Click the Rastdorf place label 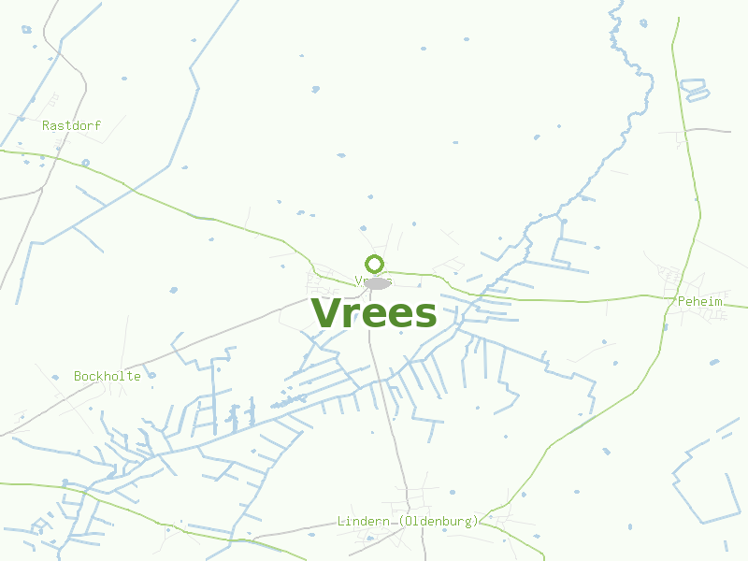[71, 124]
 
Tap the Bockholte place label [108, 376]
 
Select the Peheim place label [699, 302]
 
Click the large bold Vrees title [373, 313]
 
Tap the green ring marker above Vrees [374, 264]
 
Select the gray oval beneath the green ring [376, 282]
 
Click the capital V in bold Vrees [325, 313]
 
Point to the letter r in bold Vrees [353, 315]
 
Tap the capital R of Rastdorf [46, 124]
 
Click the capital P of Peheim [680, 302]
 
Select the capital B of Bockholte [78, 376]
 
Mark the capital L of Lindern [341, 521]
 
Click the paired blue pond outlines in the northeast [695, 89]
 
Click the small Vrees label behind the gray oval [361, 280]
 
